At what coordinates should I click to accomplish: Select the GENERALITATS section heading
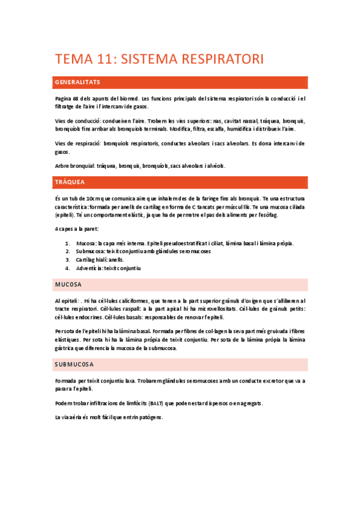pyautogui.click(x=78, y=82)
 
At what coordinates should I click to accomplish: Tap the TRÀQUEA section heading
pyautogui.click(x=70, y=182)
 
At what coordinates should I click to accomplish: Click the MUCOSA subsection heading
pyautogui.click(x=68, y=284)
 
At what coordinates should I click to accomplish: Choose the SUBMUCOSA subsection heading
pyautogui.click(x=74, y=365)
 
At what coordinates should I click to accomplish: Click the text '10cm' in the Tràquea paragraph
pyautogui.click(x=93, y=198)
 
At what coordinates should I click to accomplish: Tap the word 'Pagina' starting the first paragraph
pyautogui.click(x=63, y=99)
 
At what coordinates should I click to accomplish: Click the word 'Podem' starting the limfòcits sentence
pyautogui.click(x=63, y=403)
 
